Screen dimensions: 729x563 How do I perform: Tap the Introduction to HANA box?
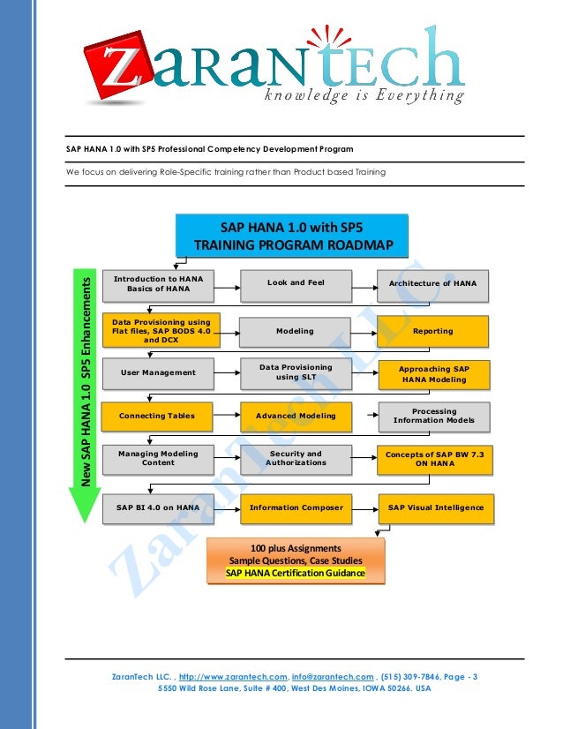pos(158,283)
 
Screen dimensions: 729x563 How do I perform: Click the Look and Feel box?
pos(296,283)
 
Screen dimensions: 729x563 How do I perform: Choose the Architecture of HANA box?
pos(432,283)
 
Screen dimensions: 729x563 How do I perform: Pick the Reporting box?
pos(432,331)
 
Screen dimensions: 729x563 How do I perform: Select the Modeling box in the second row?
pos(296,331)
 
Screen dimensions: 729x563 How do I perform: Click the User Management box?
pos(158,372)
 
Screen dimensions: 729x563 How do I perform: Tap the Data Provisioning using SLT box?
pos(296,372)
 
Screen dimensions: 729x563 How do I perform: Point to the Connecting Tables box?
pos(158,415)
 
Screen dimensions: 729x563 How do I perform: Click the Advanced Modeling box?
pos(296,415)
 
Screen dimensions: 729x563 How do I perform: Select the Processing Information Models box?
pos(432,416)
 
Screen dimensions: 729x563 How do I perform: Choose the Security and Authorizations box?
pos(296,458)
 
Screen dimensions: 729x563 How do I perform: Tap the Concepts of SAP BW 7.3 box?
pos(432,458)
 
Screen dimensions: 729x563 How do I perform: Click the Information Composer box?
pos(296,507)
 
